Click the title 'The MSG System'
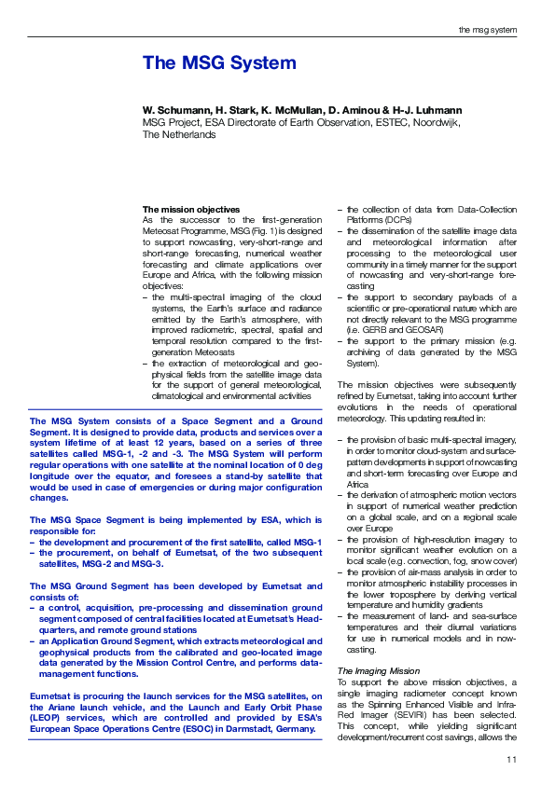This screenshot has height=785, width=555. (219, 63)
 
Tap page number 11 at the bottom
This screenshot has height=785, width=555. (511, 761)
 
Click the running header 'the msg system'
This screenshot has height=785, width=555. (487, 31)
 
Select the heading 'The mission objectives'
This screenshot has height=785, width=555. (191, 209)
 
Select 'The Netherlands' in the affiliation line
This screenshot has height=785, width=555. (179, 134)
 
